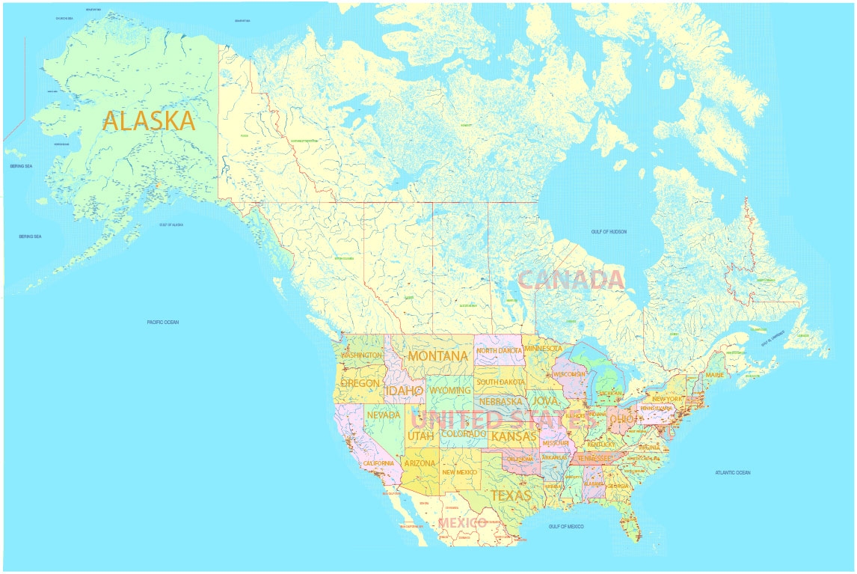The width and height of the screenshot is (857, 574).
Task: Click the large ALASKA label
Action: [149, 120]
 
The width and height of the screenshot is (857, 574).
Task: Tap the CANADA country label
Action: [571, 280]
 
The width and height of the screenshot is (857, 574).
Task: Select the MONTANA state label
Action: [438, 356]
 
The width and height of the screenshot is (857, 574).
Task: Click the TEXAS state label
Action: [511, 495]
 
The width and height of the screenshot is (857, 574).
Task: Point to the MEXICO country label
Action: [462, 522]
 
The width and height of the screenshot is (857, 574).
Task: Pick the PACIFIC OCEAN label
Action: [163, 323]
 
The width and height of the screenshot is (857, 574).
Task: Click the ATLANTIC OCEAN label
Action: [732, 472]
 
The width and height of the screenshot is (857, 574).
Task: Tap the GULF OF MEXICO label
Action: [565, 527]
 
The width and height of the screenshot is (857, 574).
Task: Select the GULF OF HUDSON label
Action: [609, 232]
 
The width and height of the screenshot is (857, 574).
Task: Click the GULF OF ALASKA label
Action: [171, 225]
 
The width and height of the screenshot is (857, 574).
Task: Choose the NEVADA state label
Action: [384, 415]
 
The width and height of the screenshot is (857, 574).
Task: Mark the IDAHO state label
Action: [404, 391]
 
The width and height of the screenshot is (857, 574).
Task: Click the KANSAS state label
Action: [513, 436]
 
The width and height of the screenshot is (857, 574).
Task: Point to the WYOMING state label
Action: [449, 391]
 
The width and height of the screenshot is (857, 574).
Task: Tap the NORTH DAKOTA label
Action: [499, 350]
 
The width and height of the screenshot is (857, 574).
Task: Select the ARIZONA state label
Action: [420, 463]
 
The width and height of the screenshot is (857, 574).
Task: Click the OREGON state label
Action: [360, 383]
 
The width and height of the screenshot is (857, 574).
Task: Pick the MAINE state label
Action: [714, 374]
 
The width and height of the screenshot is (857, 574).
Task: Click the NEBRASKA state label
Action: [500, 401]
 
